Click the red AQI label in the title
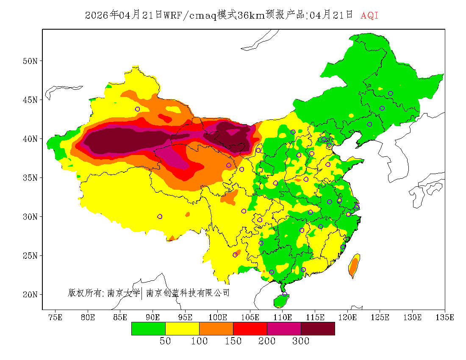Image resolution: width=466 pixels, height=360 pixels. pos(369,16)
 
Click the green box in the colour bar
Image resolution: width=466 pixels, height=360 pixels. pos(148,329)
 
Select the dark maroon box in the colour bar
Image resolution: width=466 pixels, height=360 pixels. pos(318,329)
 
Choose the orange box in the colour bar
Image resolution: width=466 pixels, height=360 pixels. pos(216,329)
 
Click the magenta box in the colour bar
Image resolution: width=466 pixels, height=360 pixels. pos(284,329)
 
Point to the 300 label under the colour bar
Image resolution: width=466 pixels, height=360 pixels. pos(301,341)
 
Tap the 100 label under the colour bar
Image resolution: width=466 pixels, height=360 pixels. pos(199,341)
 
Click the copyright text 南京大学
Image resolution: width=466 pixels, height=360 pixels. pos(123,293)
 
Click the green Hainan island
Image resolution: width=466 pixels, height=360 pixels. pos(280,301)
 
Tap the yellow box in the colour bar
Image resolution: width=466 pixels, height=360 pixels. pos(182,329)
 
